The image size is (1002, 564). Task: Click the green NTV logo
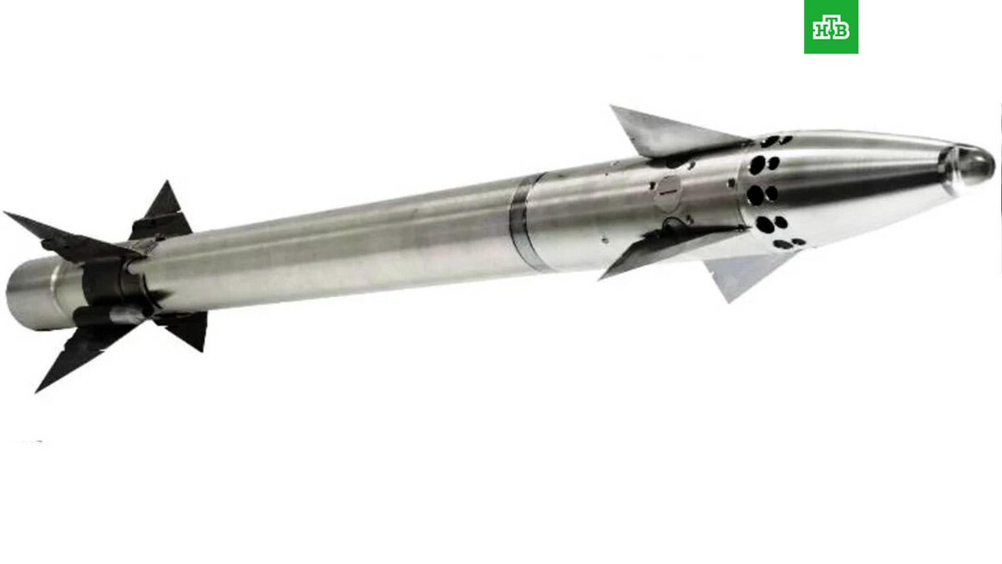pos(831,27)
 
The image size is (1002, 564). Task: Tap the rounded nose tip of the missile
pos(974,165)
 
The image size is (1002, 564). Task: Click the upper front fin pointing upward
pos(671,132)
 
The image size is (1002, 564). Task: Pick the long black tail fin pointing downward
pos(85,353)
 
